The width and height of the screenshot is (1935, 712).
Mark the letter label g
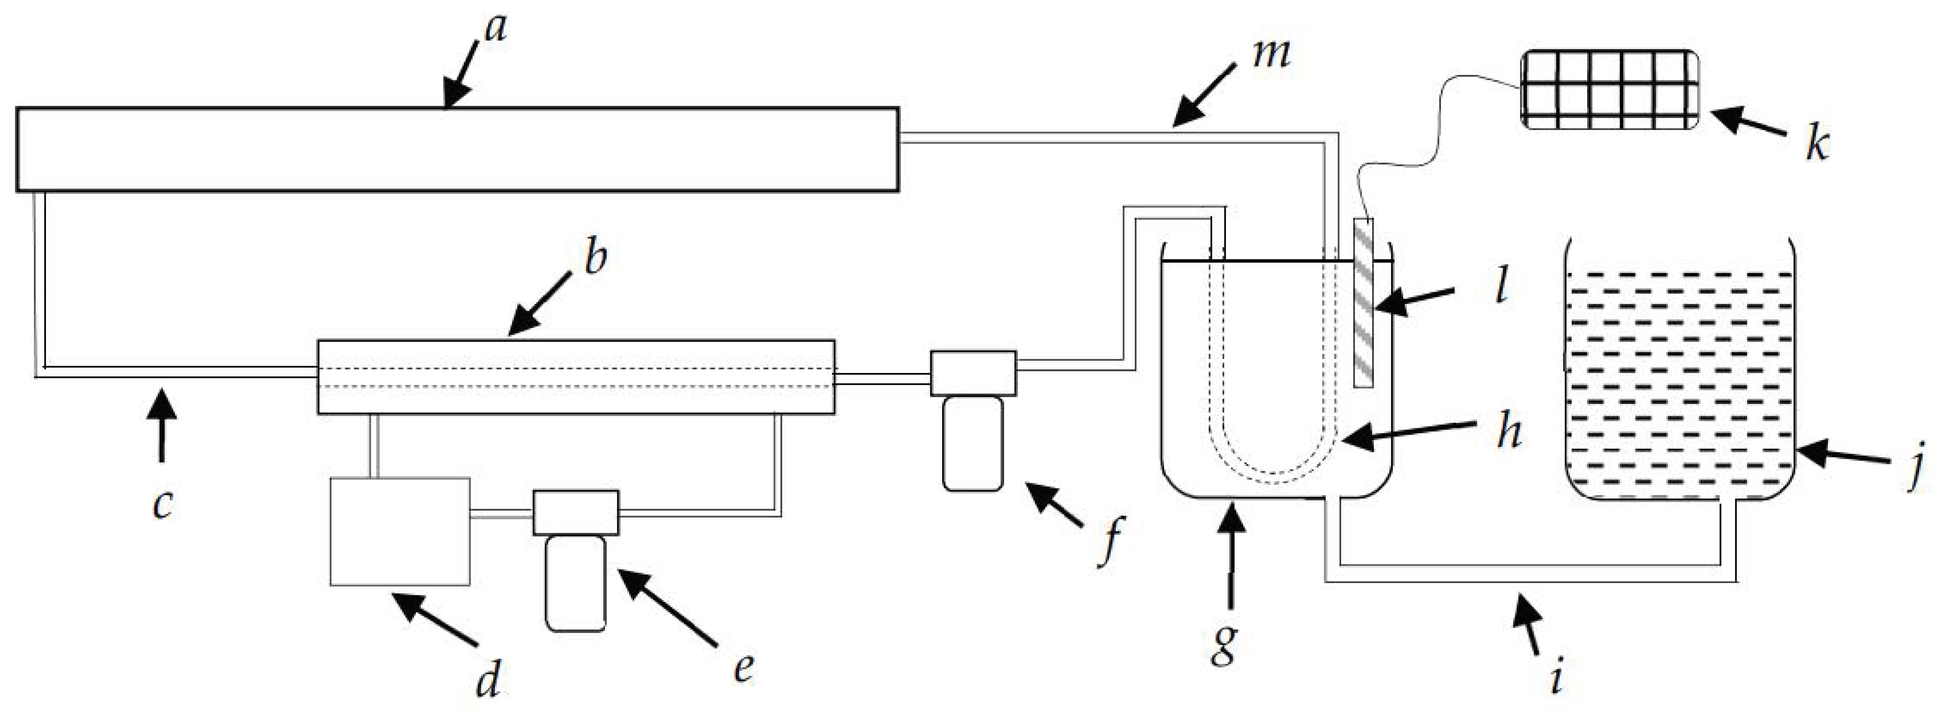[1224, 644]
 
